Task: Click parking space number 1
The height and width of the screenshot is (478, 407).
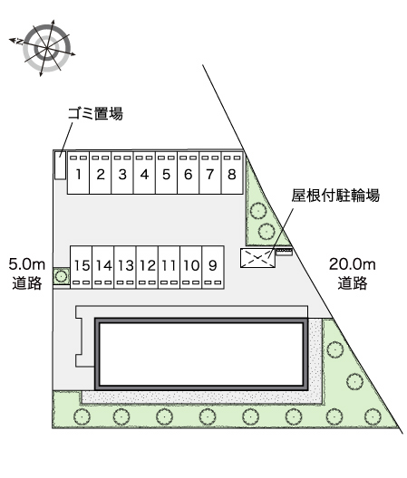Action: tap(78, 173)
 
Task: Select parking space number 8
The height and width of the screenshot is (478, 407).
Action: tap(232, 173)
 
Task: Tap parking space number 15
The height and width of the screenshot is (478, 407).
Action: tap(82, 267)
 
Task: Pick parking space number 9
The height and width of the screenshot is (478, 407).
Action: tap(213, 267)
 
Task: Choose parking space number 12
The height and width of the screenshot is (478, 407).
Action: tap(148, 267)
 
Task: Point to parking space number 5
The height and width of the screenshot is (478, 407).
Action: tap(166, 173)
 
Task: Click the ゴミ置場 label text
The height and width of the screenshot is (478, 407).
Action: tap(95, 113)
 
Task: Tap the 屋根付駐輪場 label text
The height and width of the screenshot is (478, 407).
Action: tap(335, 196)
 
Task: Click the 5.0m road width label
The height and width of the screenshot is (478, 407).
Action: tap(27, 264)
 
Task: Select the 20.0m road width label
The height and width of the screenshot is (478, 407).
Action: tap(352, 264)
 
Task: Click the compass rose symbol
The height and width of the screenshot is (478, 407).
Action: tap(46, 48)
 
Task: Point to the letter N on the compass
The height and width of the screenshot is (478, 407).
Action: tap(20, 42)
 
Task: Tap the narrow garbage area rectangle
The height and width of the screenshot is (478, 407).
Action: tap(60, 166)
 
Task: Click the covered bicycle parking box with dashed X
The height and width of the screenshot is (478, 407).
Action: tap(257, 258)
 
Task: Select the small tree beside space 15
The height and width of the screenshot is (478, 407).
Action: tap(62, 276)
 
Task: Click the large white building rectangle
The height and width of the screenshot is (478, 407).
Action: tap(201, 354)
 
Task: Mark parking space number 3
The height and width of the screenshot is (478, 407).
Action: tap(122, 173)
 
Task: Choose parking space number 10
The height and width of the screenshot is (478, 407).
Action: tap(191, 267)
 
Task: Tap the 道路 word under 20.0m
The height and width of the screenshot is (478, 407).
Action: tap(352, 282)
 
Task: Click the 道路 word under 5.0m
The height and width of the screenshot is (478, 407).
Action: tap(27, 282)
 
